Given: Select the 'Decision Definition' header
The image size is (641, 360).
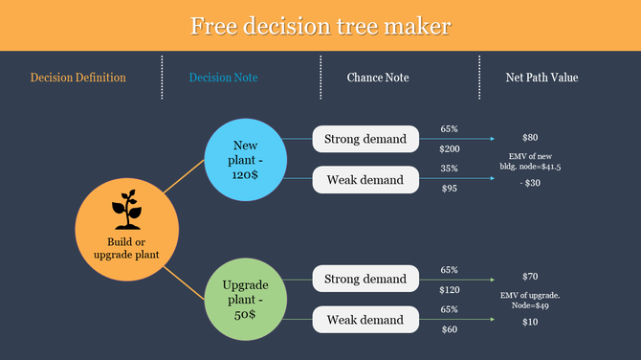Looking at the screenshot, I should click(x=78, y=78).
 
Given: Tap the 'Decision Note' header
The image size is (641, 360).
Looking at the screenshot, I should click(x=223, y=78).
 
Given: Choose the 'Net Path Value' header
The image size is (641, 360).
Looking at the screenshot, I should click(x=542, y=78).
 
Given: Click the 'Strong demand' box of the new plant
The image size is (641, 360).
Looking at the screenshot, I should click(x=365, y=140).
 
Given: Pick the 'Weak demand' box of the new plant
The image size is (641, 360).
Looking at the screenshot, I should click(x=365, y=179).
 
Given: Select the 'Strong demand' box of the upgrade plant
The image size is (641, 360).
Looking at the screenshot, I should click(x=365, y=280).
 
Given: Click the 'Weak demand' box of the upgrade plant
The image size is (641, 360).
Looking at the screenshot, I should click(x=365, y=320).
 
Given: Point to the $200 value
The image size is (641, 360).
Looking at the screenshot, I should click(x=449, y=148).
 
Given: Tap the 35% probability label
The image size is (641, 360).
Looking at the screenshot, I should click(x=449, y=169).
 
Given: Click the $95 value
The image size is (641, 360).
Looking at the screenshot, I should click(x=449, y=189).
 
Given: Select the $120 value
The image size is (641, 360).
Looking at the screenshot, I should click(x=449, y=289).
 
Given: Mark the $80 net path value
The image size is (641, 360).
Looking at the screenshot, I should click(x=530, y=138).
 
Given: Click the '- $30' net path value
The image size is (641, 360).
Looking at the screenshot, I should click(x=529, y=183).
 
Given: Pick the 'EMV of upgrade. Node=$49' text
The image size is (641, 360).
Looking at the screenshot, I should click(x=530, y=301).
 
